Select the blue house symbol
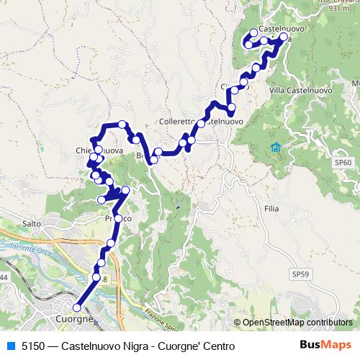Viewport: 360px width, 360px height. [275, 148]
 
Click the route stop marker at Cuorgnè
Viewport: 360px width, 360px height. [77, 307]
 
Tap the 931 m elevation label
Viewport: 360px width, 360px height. [330, 9]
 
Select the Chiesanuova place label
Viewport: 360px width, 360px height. [99, 150]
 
